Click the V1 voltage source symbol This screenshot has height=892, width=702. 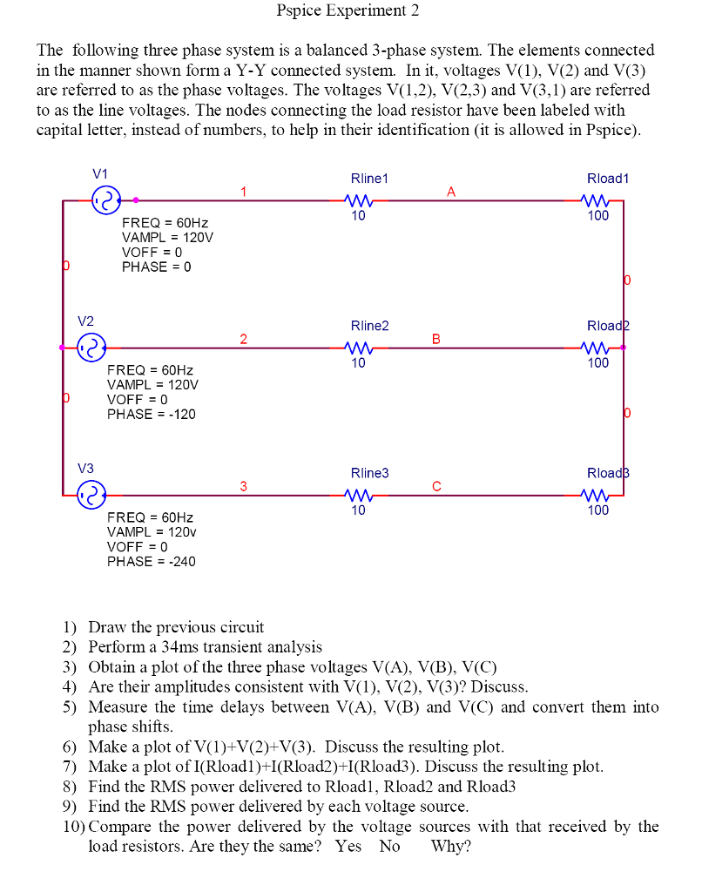[105, 201]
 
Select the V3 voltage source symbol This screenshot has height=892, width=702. [91, 495]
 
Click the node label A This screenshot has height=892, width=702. [451, 191]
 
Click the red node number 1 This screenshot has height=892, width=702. [245, 191]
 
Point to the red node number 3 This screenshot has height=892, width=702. [245, 485]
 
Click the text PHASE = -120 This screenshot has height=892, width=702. [151, 415]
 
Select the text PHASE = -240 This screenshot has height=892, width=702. [151, 562]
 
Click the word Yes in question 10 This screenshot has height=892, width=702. [348, 846]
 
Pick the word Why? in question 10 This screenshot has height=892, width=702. [450, 846]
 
